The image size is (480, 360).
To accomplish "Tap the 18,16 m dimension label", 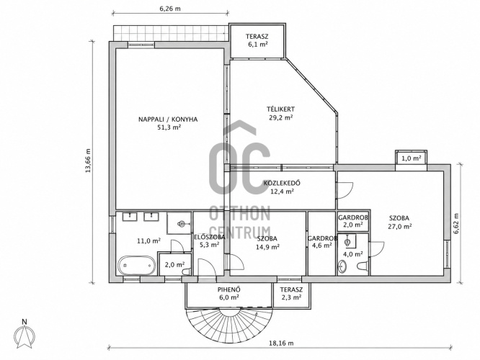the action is (x=280, y=343).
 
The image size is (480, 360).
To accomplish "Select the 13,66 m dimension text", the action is (x=88, y=161).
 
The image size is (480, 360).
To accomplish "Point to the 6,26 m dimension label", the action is (x=170, y=8).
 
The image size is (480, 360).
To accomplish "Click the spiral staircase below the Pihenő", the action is (x=229, y=324).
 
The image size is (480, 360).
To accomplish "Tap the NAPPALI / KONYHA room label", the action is (x=168, y=120).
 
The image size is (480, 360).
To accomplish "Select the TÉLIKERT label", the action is (x=280, y=109).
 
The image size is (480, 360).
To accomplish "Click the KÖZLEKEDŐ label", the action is (x=282, y=183).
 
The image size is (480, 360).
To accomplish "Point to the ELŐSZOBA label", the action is (x=210, y=237).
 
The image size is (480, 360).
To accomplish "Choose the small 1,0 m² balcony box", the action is (x=411, y=158).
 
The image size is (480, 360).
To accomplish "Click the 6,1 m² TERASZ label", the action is (x=257, y=40).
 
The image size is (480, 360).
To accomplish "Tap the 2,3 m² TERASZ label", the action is (x=291, y=293).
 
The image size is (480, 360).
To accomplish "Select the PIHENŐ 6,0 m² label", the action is (x=228, y=293).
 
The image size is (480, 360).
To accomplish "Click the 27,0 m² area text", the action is (x=399, y=227).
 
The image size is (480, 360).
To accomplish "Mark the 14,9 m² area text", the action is (x=267, y=246).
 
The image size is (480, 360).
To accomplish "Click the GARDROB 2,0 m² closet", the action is (x=352, y=221).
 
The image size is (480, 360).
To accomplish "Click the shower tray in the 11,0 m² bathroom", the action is (x=179, y=223).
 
